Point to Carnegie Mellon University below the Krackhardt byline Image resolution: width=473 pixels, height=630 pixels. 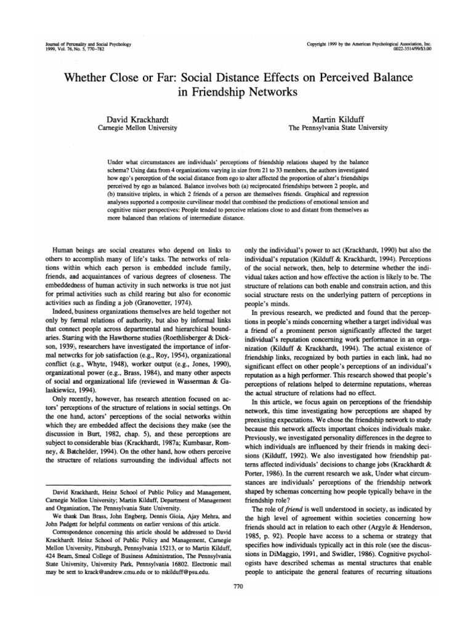(138, 127)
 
